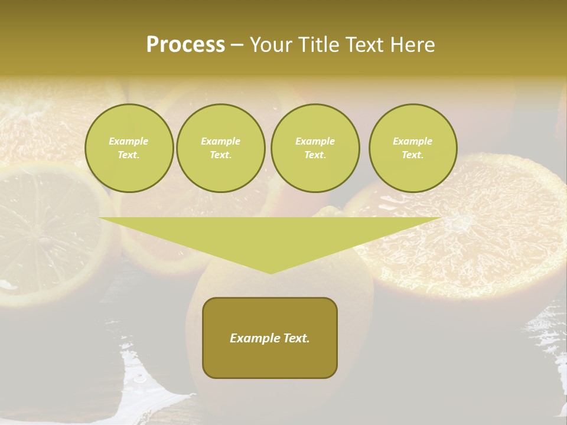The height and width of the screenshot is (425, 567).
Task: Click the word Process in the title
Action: [x=185, y=45]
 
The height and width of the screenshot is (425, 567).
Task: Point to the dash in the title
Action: [x=237, y=45]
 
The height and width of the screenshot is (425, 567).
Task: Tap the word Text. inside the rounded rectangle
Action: [x=295, y=338]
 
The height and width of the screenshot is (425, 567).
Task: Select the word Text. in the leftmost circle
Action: [x=129, y=155]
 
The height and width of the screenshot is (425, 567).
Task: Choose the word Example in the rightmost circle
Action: [x=413, y=141]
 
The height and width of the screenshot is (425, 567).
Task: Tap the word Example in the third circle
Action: [x=315, y=141]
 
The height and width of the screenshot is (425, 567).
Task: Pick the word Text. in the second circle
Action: [x=220, y=155]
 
